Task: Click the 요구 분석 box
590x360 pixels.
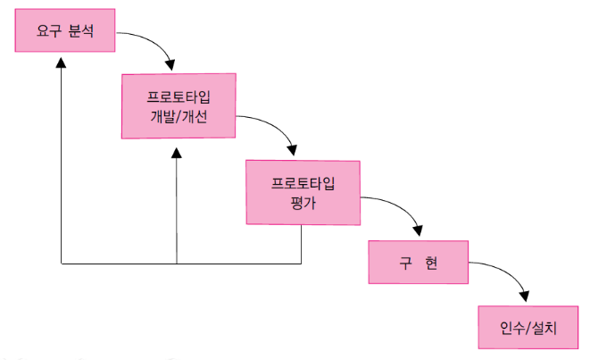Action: click(65, 34)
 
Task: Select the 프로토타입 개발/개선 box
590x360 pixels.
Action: click(178, 106)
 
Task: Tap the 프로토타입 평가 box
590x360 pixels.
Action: click(304, 192)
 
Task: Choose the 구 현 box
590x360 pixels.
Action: click(419, 261)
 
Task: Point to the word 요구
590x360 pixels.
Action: click(48, 34)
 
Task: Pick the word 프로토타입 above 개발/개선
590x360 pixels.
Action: click(178, 96)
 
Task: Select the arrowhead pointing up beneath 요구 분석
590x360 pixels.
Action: click(61, 63)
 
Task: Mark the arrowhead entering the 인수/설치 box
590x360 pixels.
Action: click(526, 297)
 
